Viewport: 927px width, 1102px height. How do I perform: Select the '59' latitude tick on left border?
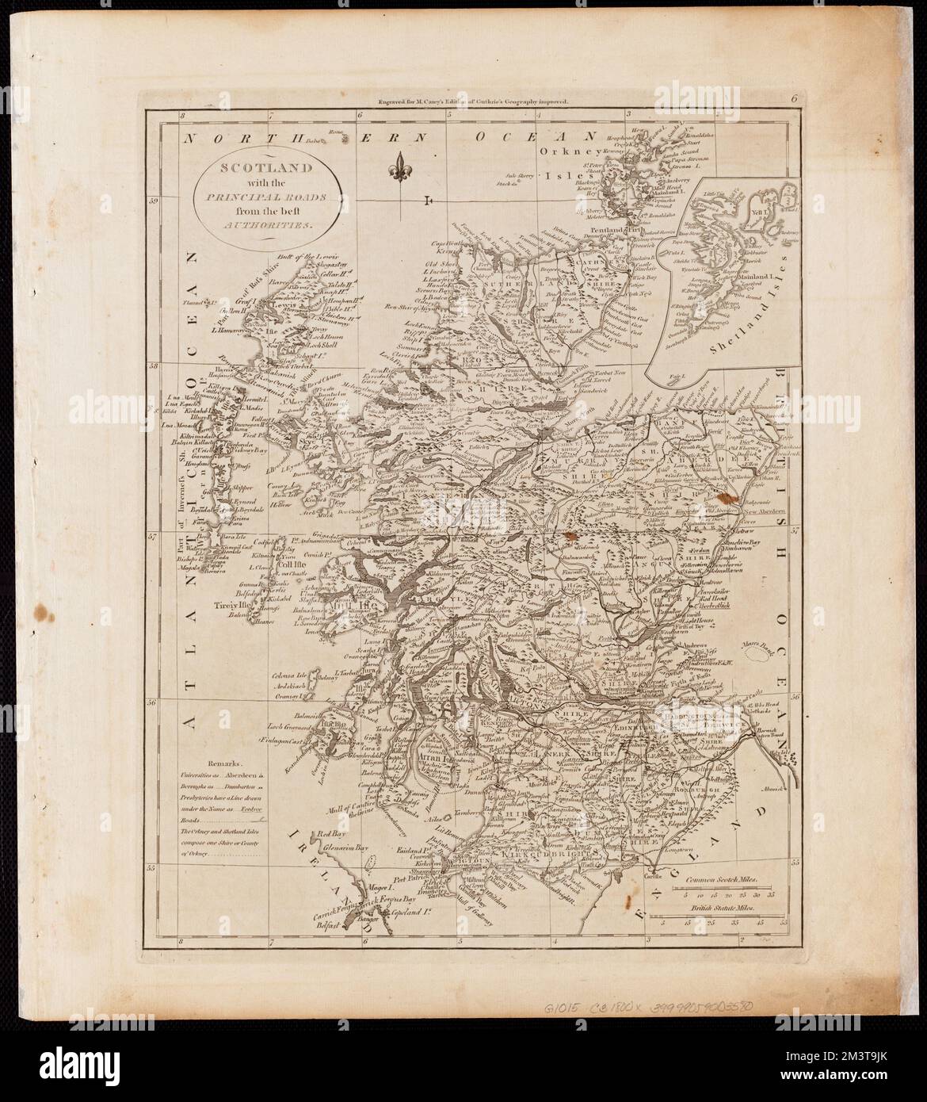point(156,201)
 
